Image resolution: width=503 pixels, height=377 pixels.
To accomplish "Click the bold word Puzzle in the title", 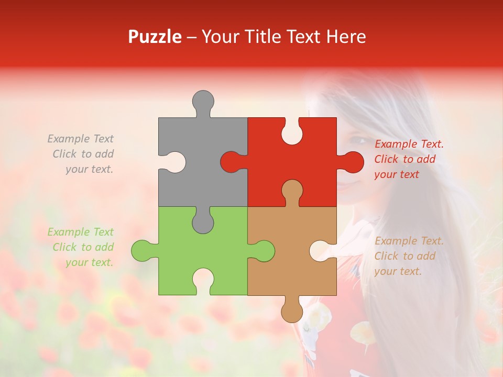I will point(155,37).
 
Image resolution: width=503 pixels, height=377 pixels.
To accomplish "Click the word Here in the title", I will point(346,37).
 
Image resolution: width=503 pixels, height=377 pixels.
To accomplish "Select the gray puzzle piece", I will point(210,157).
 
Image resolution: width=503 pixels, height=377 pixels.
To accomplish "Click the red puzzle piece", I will point(309,157).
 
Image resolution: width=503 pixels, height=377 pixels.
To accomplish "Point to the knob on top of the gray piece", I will point(203,101).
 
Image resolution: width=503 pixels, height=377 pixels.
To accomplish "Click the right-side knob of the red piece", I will point(352,162).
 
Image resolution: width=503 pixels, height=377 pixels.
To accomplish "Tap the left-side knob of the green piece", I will point(142,250).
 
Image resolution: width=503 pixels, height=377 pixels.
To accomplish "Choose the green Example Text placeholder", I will point(81,247).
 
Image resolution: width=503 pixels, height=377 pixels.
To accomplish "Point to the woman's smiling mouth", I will point(352,184).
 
